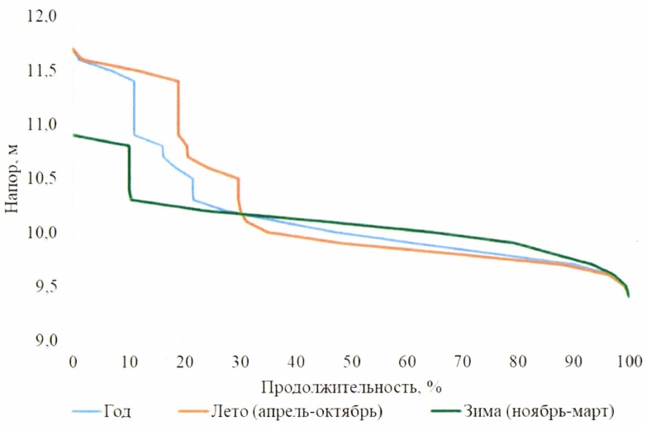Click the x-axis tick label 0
point(74,361)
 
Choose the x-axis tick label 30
point(240,361)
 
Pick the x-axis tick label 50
point(352,361)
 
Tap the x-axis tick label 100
point(629,361)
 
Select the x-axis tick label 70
point(463,361)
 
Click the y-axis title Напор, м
point(11,178)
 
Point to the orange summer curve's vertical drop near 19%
point(178,107)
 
